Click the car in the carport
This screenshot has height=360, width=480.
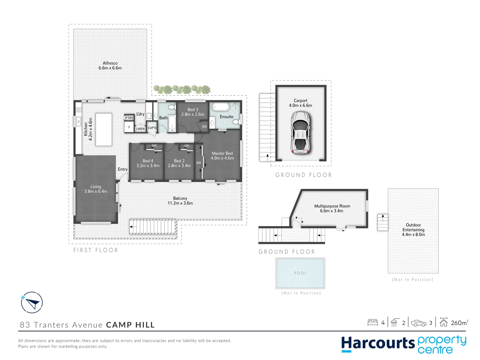pos(300,132)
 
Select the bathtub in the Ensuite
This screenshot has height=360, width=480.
pos(221,107)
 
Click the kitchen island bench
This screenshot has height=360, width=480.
pos(104,129)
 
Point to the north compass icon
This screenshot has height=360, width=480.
pos(32,303)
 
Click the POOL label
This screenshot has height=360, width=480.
pos(300,273)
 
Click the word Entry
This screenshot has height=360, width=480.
pos(123,169)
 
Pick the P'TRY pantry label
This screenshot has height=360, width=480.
pos(129,118)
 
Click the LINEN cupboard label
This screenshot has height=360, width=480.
pos(140,129)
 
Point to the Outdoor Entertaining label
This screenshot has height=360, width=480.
pos(413,230)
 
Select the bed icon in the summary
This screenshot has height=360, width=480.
pos(373,322)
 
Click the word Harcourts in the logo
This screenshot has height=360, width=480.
pos(378,344)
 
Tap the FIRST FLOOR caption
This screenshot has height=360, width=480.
pos(96,250)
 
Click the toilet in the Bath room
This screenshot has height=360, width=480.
pos(172,107)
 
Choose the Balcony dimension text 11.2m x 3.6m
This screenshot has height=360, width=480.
pos(180,203)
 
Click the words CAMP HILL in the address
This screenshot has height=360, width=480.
pos(130,325)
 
